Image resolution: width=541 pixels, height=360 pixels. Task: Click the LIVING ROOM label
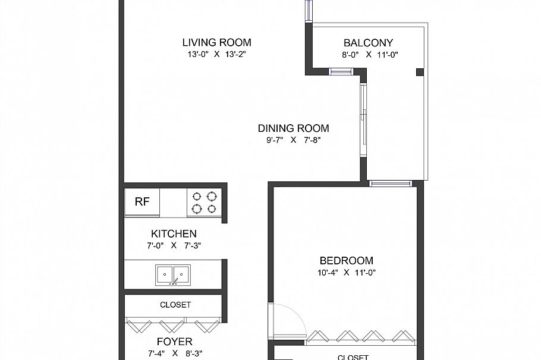tap(216, 42)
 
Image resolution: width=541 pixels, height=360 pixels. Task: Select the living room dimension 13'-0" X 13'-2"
tap(216, 54)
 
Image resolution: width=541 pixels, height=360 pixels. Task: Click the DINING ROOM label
tap(293, 128)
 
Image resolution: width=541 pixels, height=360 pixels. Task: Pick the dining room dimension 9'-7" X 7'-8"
tap(293, 140)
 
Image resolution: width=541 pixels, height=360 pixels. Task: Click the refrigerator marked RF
tap(142, 202)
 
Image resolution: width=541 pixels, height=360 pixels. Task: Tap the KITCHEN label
tap(174, 234)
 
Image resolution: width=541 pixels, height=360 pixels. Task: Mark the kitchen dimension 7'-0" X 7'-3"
tap(174, 245)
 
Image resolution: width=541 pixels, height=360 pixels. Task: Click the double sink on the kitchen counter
tap(174, 274)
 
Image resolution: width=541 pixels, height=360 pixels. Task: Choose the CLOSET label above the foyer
tap(175, 305)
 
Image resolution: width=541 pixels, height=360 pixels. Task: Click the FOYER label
tap(174, 342)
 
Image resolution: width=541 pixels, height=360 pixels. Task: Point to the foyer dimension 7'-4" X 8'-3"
tap(174, 353)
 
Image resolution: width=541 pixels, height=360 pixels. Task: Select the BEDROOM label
tap(347, 261)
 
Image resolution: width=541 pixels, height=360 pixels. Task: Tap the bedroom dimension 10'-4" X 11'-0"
tap(347, 273)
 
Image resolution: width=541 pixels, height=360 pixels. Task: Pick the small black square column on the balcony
tap(420, 72)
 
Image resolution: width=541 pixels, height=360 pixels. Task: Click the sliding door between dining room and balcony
tap(363, 119)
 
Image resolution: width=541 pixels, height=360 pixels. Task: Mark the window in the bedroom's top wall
tap(390, 184)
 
